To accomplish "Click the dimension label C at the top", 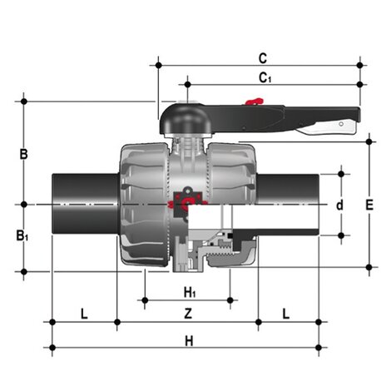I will pos(262,58).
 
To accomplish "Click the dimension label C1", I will pos(264,78).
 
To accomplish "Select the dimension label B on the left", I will pos(24,154).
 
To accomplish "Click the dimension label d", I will pos(339,205).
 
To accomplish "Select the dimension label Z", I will pos(188,314).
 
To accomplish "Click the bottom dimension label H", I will pos(189,340).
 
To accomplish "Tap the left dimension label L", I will pos(83,314).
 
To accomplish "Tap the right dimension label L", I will pos(285,314).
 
